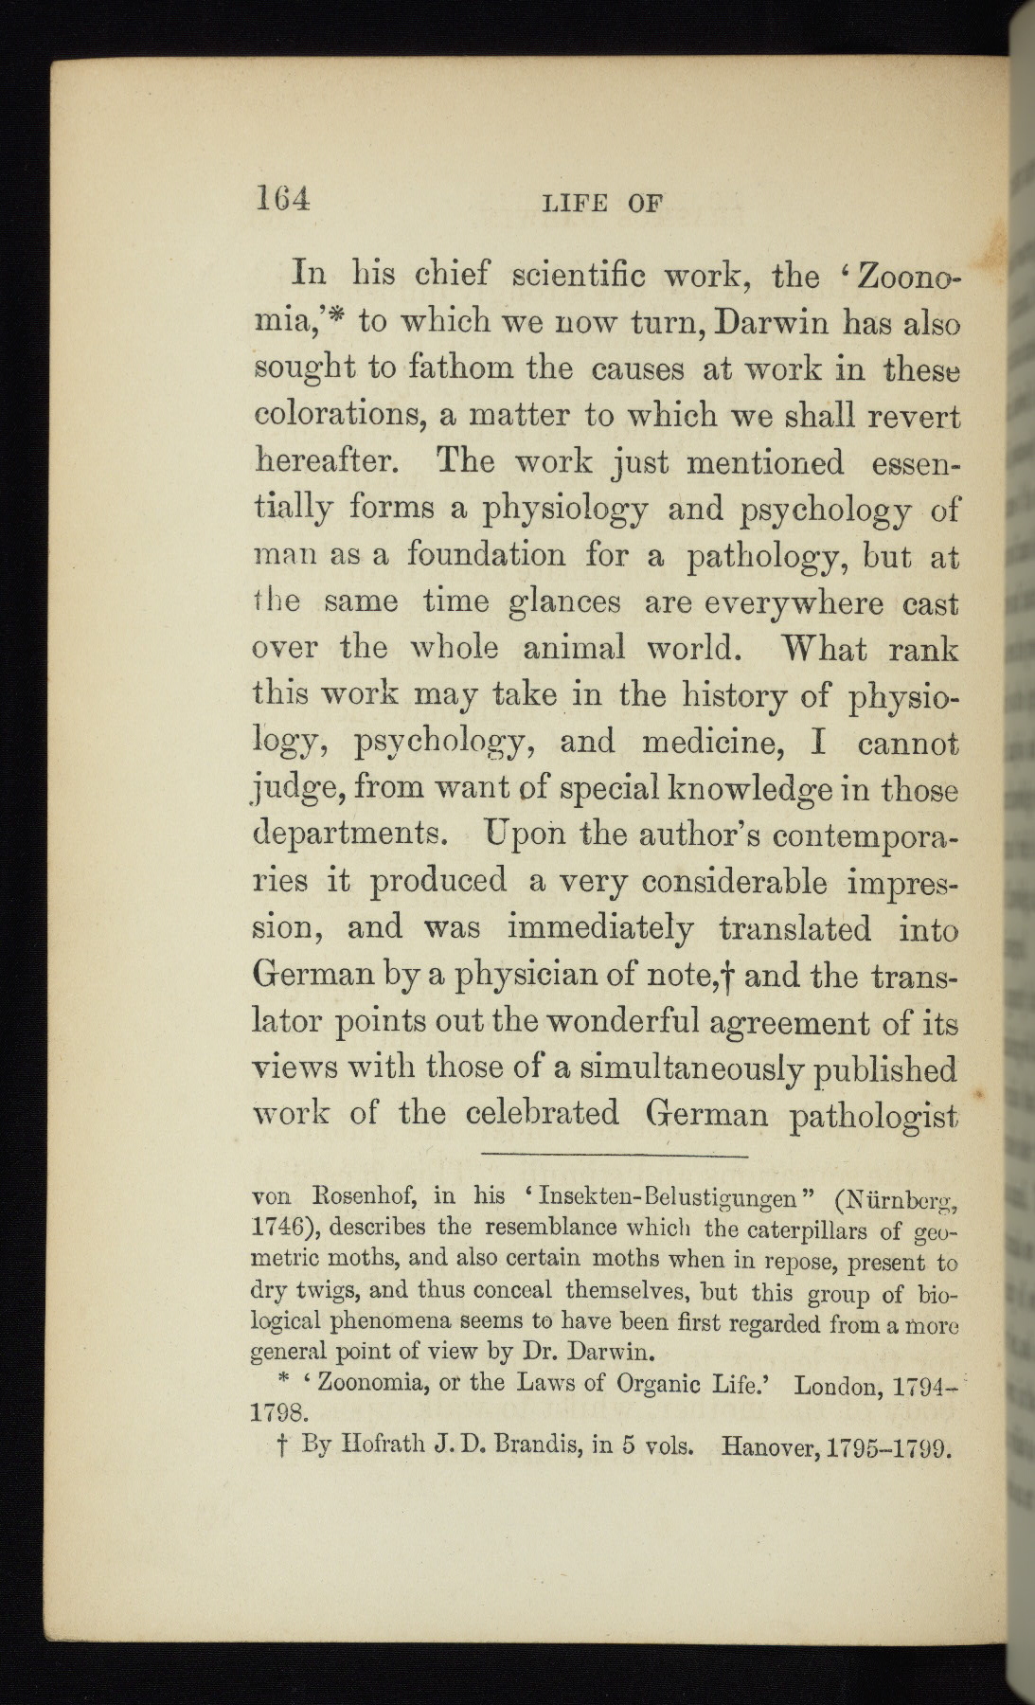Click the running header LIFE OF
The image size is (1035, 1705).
(601, 203)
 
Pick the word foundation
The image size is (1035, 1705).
(486, 554)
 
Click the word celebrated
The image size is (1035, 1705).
(543, 1112)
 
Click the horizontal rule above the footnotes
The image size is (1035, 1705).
(615, 1155)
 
